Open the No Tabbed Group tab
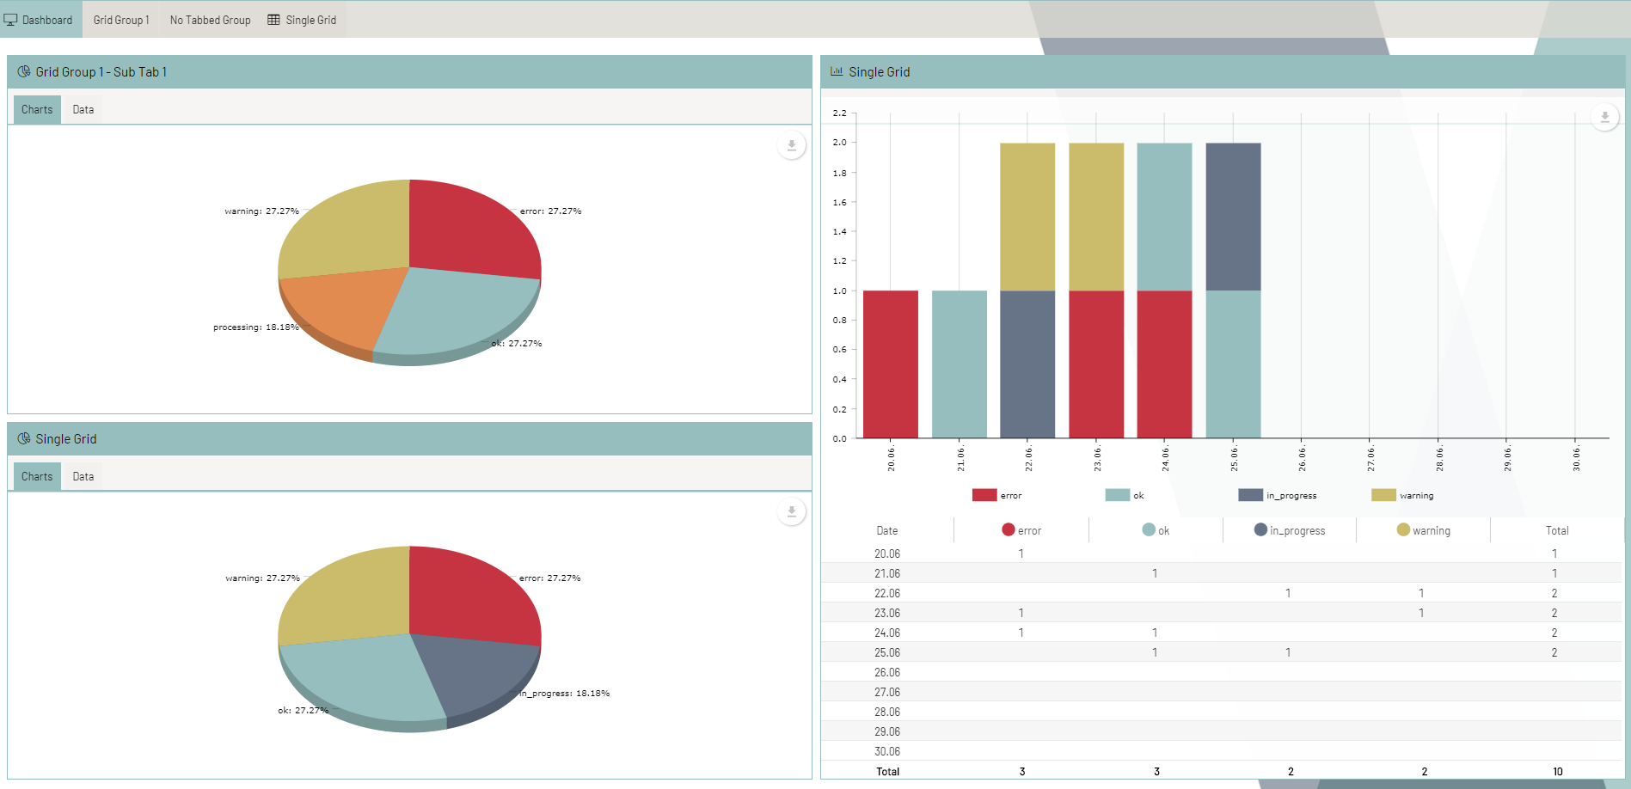(210, 20)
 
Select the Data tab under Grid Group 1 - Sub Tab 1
(83, 110)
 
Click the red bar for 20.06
(890, 364)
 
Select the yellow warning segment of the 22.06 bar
(1027, 217)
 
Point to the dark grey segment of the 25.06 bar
(1233, 217)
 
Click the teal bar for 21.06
(959, 364)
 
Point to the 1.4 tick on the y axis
(839, 232)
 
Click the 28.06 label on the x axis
(1439, 459)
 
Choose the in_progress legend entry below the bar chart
(1278, 496)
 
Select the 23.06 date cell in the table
(887, 614)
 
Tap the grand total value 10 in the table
(1557, 772)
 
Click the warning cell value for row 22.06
(1421, 594)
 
